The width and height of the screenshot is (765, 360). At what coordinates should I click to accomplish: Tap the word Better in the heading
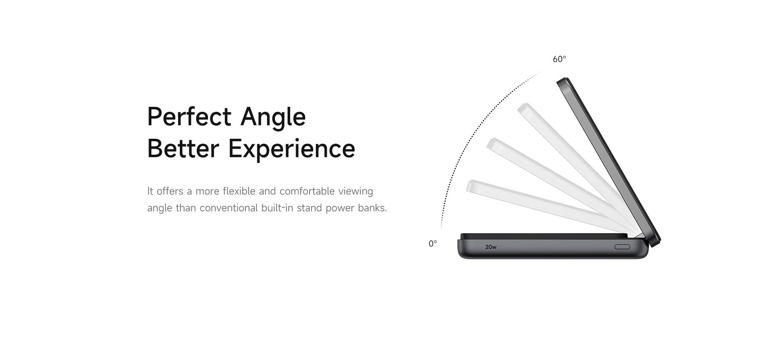pos(183,148)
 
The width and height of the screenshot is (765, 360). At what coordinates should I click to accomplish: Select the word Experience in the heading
pos(292,150)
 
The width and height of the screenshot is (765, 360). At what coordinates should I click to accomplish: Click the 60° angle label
pos(559,59)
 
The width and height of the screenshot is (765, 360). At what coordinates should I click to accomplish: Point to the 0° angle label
pos(433,244)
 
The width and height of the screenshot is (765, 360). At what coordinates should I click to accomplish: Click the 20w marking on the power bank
pos(491,247)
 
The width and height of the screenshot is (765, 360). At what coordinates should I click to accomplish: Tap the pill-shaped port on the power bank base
pos(622,247)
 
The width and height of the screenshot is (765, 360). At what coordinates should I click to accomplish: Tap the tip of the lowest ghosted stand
pos(470,185)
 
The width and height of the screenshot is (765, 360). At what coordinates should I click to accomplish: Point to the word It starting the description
pos(150,191)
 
